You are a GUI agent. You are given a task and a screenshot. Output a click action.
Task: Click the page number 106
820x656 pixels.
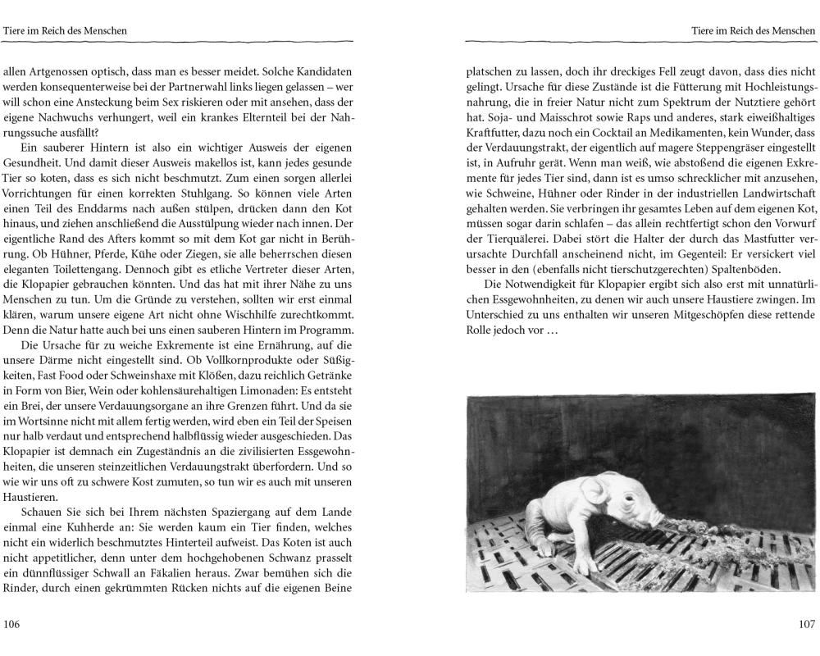[12, 624]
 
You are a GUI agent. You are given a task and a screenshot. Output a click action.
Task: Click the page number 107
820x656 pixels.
[805, 624]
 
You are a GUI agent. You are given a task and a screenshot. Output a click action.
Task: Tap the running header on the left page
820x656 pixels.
[65, 30]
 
